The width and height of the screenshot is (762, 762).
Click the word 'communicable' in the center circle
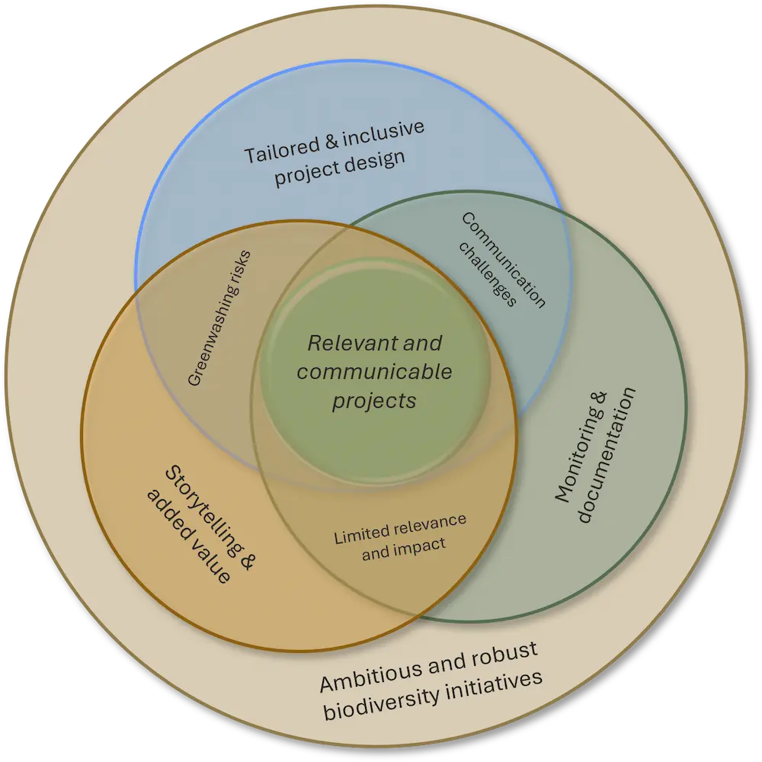tap(374, 372)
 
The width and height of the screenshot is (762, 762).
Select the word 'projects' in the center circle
tap(374, 400)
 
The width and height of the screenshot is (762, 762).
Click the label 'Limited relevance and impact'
tap(401, 536)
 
